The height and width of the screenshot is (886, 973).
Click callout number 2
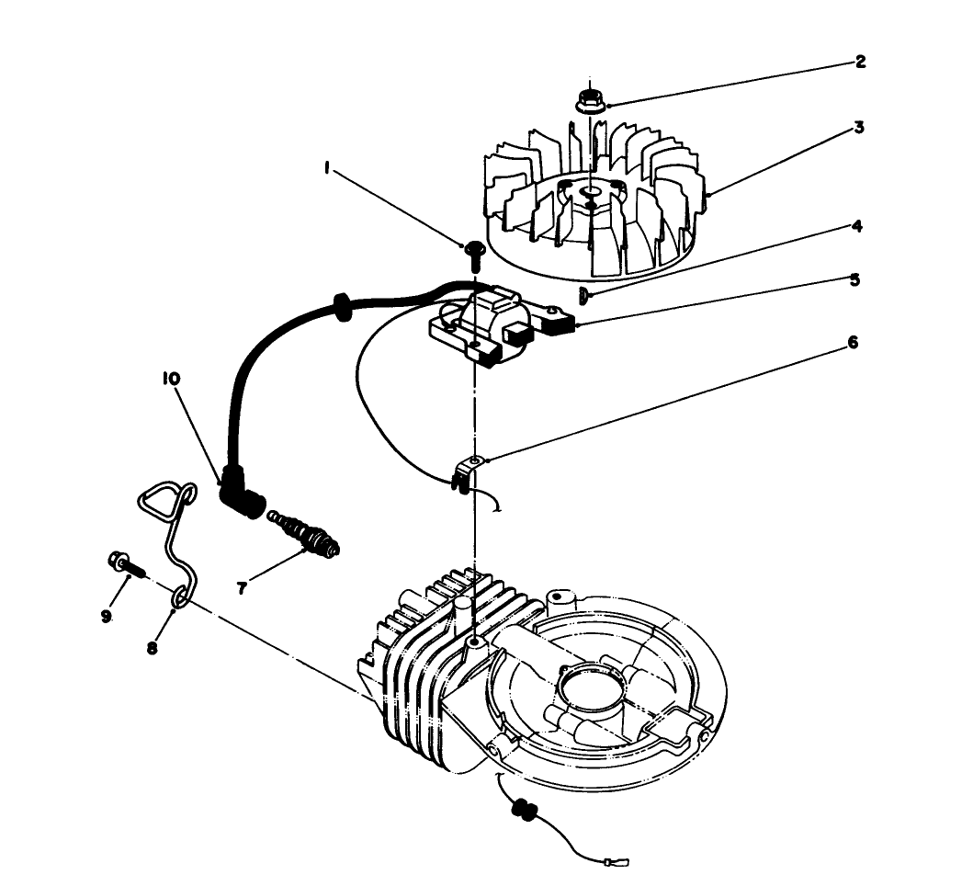[860, 62]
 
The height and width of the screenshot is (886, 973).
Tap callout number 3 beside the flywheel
[859, 127]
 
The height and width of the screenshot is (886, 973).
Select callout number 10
[171, 378]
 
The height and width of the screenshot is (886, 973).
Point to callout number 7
[242, 588]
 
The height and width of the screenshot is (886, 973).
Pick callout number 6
[853, 342]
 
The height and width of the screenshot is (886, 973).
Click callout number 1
[327, 168]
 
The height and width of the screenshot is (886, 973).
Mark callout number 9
[106, 616]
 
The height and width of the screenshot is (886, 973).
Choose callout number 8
[152, 648]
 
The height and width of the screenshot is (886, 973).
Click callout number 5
[855, 280]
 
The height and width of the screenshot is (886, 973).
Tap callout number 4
[856, 225]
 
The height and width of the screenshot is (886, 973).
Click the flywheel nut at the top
[590, 102]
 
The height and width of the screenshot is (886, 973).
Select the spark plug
[303, 533]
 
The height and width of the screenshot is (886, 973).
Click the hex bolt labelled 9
[126, 564]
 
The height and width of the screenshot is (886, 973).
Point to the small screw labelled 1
[474, 256]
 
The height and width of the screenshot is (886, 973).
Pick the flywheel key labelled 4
[583, 297]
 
